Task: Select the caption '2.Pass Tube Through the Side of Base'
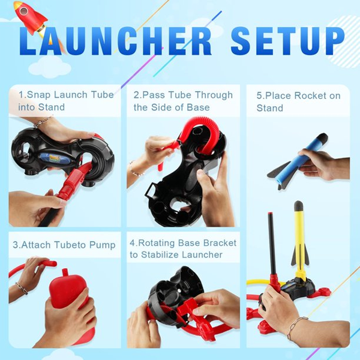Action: point(183,101)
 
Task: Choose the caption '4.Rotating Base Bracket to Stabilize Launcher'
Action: point(183,248)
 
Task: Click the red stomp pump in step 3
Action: point(67,294)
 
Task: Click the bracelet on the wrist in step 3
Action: point(22,289)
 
